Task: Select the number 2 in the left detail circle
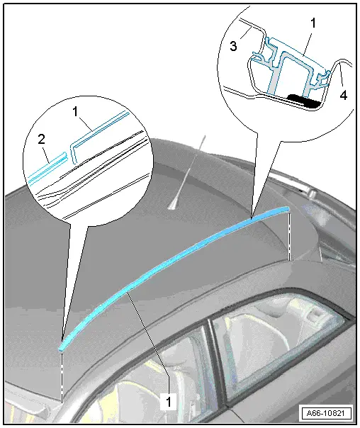43,139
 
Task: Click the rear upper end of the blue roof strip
286,208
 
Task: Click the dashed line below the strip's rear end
291,234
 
